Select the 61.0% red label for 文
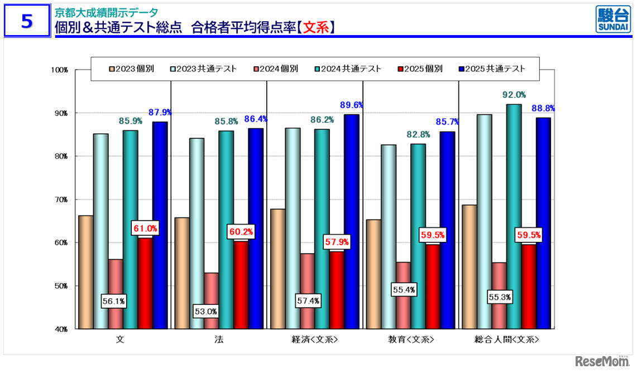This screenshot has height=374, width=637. (x=145, y=228)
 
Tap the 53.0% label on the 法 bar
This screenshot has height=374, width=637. (x=205, y=312)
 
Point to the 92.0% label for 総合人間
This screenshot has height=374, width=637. (x=514, y=94)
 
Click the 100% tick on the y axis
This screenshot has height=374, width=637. (x=59, y=70)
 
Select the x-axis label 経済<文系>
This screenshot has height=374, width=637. (x=314, y=340)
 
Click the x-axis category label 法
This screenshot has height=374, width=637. (x=218, y=340)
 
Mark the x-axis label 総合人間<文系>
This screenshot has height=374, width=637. (x=507, y=340)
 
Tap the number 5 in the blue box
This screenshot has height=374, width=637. (x=27, y=21)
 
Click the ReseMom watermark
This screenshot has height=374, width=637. (x=602, y=361)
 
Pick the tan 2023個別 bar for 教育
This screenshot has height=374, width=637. (x=373, y=274)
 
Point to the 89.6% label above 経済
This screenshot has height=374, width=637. (x=352, y=104)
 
